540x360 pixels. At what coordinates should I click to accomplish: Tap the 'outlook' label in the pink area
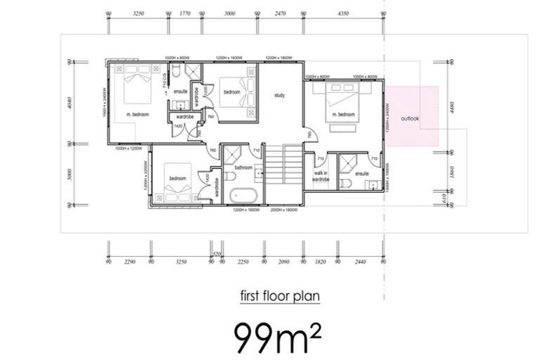tap(410, 119)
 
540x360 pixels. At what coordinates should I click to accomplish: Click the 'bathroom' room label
tap(243, 167)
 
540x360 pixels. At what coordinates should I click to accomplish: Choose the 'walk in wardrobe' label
tap(321, 176)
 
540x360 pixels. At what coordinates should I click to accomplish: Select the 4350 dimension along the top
tap(343, 13)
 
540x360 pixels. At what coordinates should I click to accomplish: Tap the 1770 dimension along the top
tap(186, 13)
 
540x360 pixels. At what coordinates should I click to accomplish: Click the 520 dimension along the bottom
tap(217, 253)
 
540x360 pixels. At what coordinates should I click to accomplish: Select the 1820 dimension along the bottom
tap(321, 262)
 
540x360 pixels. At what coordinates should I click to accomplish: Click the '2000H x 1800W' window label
tap(284, 210)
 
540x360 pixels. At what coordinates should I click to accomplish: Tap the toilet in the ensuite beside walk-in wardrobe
tap(345, 184)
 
